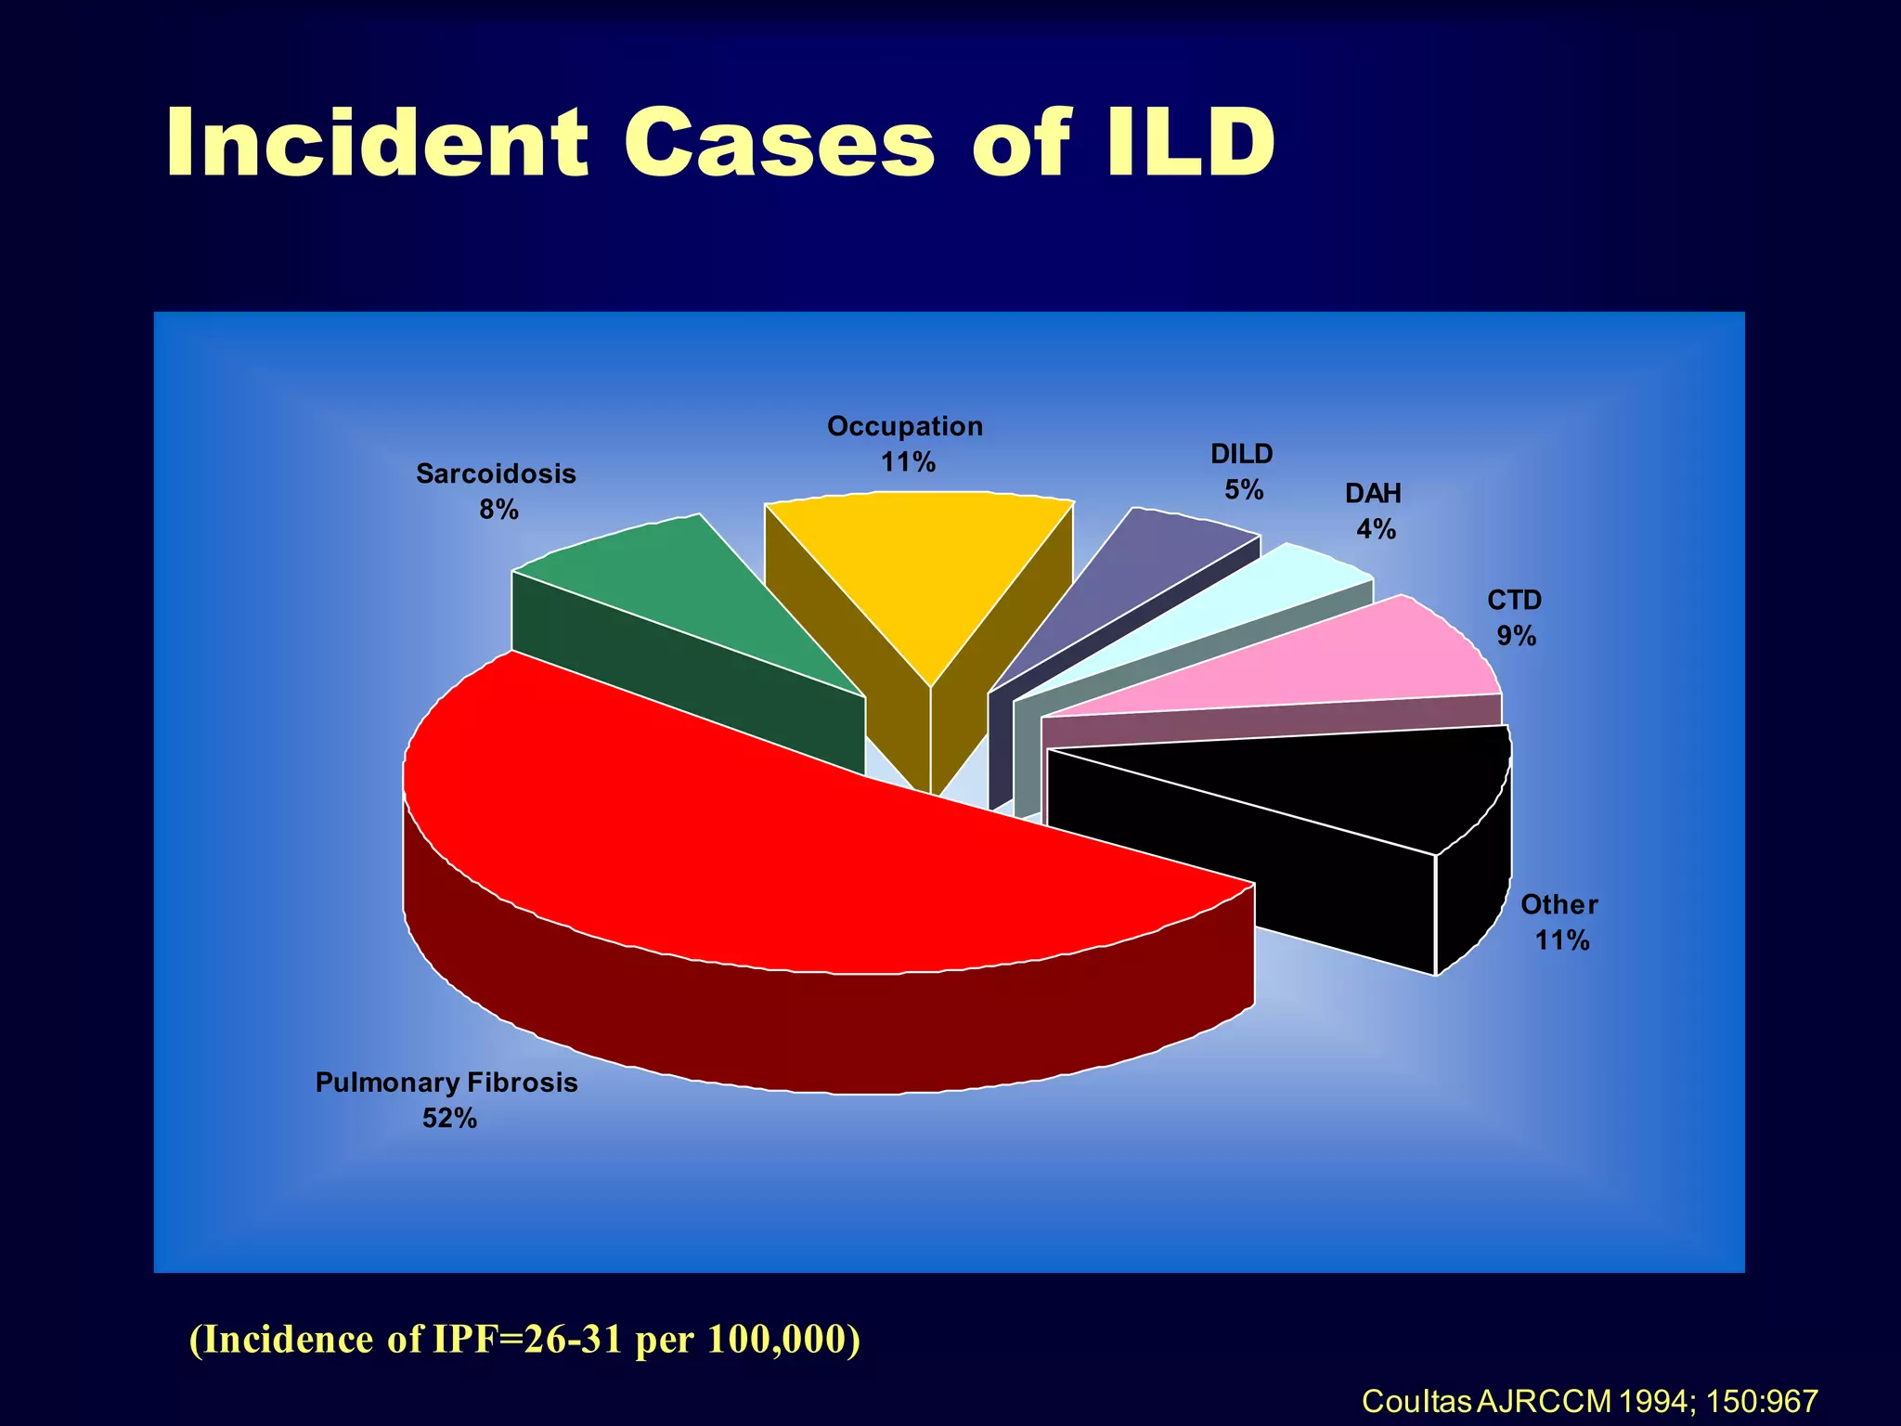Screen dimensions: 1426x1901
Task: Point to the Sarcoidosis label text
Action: [496, 474]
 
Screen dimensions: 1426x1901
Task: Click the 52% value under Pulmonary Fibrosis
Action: [449, 1119]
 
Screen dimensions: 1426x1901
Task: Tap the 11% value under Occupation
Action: [907, 462]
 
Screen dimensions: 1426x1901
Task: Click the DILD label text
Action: [1241, 454]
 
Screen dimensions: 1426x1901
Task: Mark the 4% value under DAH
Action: [1376, 529]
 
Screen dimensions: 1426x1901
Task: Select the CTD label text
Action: [1514, 601]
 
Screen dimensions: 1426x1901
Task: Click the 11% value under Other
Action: [1562, 940]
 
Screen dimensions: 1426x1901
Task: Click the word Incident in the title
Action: [377, 143]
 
